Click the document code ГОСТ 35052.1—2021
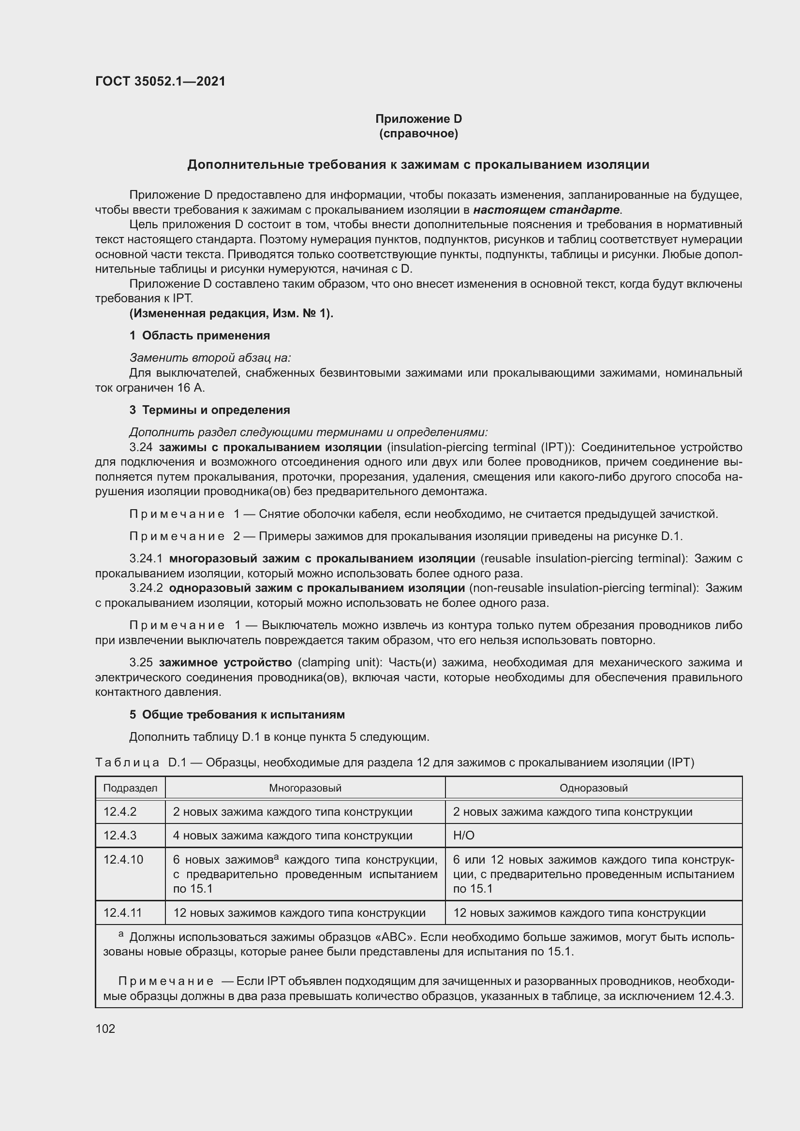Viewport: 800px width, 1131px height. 160,81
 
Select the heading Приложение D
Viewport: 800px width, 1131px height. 418,119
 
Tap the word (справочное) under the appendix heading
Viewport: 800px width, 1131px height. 418,133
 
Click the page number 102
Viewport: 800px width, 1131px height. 105,1028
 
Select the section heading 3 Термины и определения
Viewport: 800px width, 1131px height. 209,410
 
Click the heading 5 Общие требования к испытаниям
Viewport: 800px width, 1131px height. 237,714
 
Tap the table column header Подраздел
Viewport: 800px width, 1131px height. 130,788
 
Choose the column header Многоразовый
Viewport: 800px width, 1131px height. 305,788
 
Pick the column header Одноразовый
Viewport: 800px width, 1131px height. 593,788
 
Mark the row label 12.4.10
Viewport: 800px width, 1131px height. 123,860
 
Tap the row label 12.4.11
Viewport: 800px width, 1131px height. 123,913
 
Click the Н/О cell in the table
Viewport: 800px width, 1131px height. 463,836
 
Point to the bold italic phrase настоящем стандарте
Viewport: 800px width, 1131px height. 546,210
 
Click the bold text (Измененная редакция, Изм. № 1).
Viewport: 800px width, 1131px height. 231,313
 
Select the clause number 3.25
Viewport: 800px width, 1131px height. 141,662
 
